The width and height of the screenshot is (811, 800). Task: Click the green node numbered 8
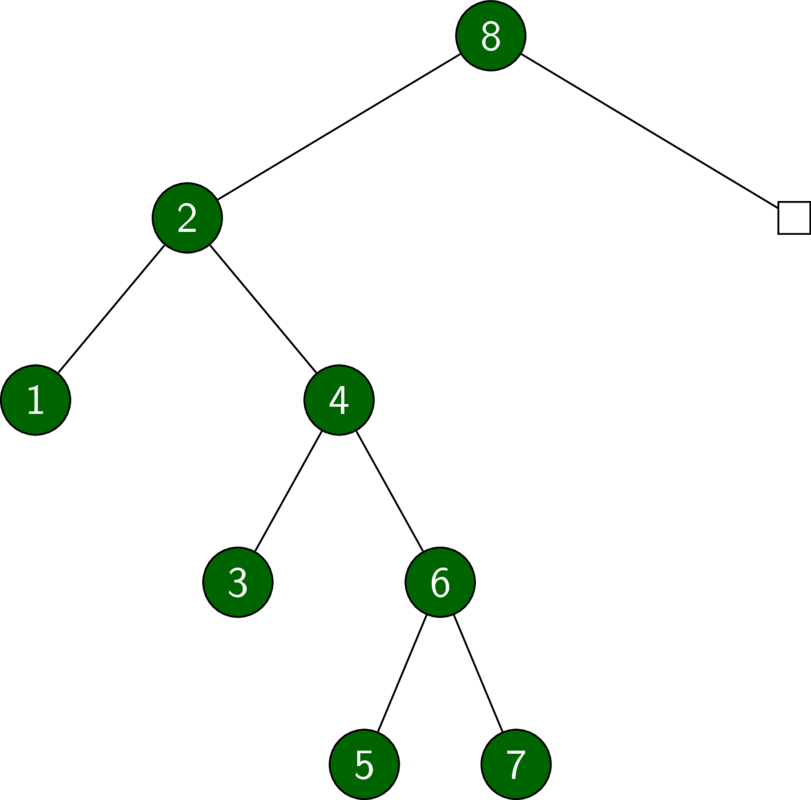pyautogui.click(x=491, y=36)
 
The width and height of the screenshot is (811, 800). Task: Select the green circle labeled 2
pyautogui.click(x=187, y=218)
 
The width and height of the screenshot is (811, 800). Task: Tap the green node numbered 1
pyautogui.click(x=36, y=400)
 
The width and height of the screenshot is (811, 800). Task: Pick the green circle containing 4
pyautogui.click(x=339, y=400)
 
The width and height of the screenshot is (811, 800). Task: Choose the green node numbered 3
pyautogui.click(x=238, y=582)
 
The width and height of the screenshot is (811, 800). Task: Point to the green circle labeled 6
pyautogui.click(x=440, y=582)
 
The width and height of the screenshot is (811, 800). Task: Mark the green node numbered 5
pyautogui.click(x=365, y=765)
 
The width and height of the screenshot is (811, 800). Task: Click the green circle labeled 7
pyautogui.click(x=516, y=765)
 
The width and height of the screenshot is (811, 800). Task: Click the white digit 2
pyautogui.click(x=187, y=218)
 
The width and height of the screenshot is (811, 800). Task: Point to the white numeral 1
pyautogui.click(x=36, y=400)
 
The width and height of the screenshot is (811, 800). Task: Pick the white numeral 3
pyautogui.click(x=238, y=582)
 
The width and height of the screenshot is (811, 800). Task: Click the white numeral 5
pyautogui.click(x=365, y=765)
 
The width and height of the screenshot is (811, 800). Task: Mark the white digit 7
pyautogui.click(x=516, y=765)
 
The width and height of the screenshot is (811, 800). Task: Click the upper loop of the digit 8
pyautogui.click(x=491, y=28)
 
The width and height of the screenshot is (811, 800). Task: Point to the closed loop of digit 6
pyautogui.click(x=440, y=589)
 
